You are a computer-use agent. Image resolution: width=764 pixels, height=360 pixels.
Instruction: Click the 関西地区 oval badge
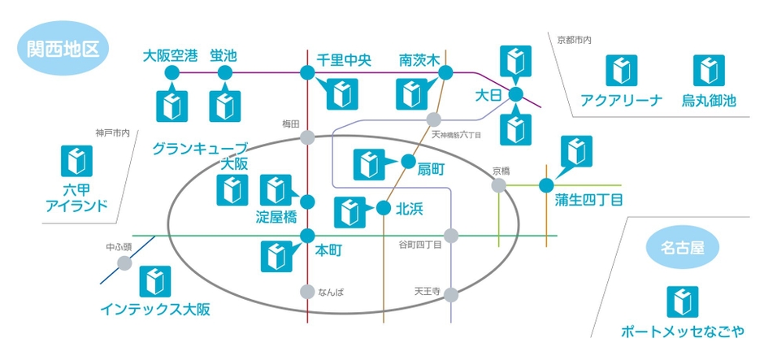point(63,48)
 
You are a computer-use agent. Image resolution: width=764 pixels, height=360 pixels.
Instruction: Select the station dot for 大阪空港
point(172,72)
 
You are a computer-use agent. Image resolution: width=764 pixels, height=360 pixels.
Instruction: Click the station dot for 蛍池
point(224,72)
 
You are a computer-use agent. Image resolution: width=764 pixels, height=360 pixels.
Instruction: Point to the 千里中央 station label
point(344,59)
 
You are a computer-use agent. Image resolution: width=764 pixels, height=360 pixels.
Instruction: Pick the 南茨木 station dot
point(445,72)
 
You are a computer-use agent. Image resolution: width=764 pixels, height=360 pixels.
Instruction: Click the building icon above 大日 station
point(515,63)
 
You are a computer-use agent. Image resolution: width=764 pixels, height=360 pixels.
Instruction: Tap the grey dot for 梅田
point(307,137)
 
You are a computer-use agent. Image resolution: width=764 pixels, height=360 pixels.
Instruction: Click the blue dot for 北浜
point(384,209)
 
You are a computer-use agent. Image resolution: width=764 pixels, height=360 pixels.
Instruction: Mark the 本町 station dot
point(307,236)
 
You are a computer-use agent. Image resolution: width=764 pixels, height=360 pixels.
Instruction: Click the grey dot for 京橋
point(498,185)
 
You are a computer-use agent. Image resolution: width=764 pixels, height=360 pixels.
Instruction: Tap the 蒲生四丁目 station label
point(588,200)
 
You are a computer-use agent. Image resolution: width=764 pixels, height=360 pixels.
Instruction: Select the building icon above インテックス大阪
point(155,281)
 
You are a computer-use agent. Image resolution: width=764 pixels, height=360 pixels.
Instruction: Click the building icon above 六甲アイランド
point(76,161)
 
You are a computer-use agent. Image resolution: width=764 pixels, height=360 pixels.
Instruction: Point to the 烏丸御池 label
point(709,101)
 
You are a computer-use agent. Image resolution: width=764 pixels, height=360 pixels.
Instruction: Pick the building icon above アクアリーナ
point(621,71)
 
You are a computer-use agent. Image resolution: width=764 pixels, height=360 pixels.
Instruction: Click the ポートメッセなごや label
point(682,332)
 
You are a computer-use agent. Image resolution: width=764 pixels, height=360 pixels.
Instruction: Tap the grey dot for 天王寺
point(451,295)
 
